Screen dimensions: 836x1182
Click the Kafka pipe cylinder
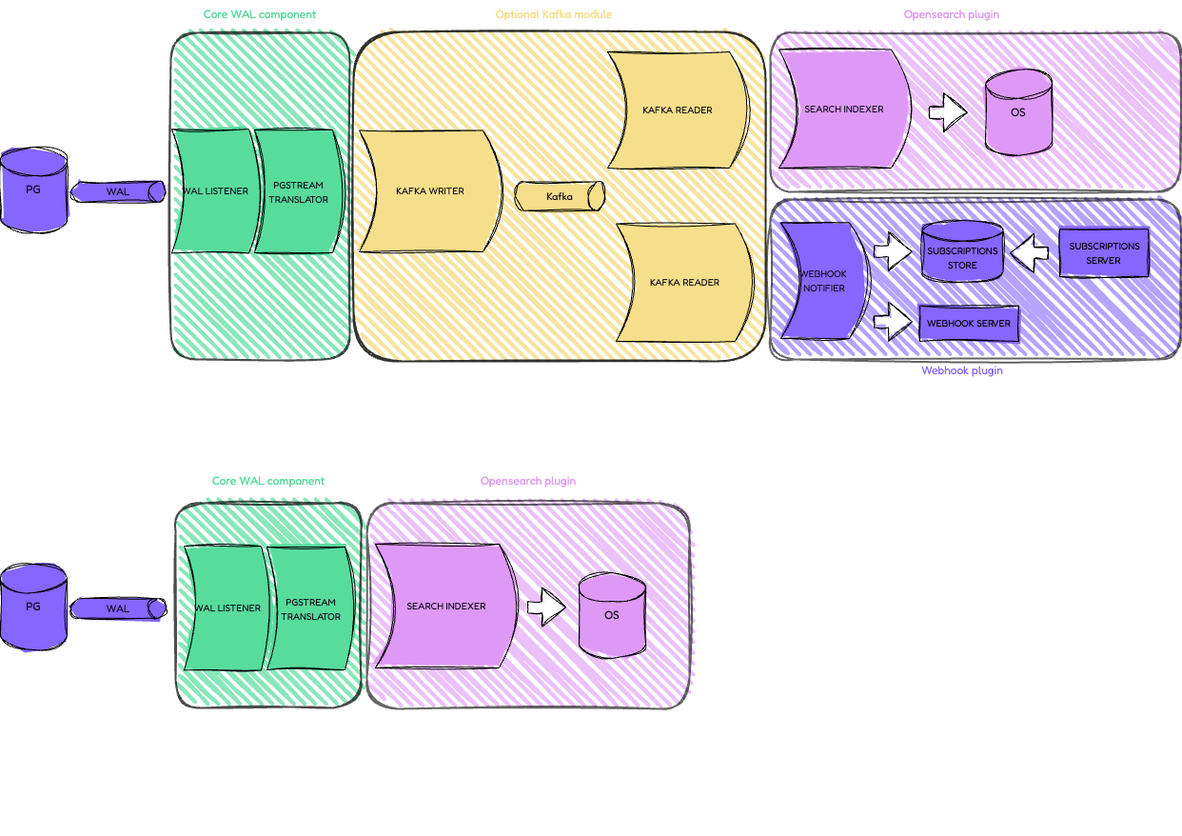point(560,196)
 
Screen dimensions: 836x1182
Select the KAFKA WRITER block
point(430,191)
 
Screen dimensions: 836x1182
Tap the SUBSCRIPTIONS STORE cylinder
point(962,252)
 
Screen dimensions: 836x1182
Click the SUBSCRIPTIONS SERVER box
point(1104,252)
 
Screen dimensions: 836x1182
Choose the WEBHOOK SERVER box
point(969,324)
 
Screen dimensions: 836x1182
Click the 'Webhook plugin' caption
point(961,370)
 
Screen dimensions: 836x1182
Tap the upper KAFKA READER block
point(678,109)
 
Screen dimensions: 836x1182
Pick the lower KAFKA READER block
point(684,283)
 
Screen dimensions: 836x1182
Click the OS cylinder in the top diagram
point(1018,112)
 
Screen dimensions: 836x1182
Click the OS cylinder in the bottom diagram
point(612,615)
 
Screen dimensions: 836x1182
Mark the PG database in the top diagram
point(33,189)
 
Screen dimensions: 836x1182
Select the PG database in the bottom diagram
point(33,607)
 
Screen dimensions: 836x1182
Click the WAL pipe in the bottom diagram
point(118,608)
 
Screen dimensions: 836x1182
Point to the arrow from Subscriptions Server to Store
point(1030,253)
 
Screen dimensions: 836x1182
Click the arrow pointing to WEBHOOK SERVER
point(893,321)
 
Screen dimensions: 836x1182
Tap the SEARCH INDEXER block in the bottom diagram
point(445,607)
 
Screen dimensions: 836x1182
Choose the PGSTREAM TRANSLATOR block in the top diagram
point(298,192)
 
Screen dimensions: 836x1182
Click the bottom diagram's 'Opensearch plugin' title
point(527,482)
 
